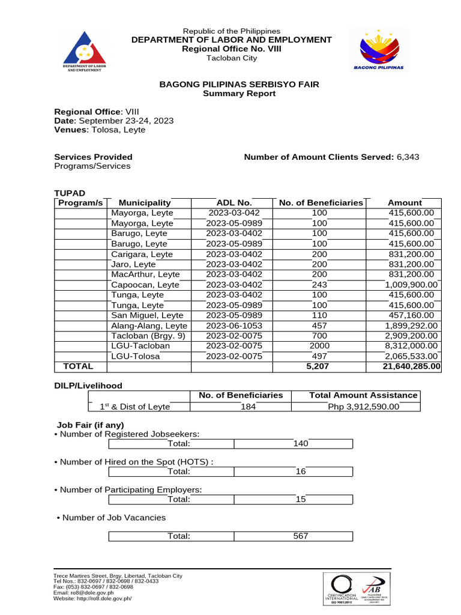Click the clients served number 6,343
(408, 157)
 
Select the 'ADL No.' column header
(234, 202)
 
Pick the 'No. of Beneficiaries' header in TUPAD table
(321, 202)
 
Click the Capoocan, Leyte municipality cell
(145, 285)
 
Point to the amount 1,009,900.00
(412, 285)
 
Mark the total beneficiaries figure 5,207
(319, 366)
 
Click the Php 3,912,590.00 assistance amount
(363, 407)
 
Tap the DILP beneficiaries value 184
(241, 407)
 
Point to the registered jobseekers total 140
(301, 443)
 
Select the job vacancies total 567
(301, 536)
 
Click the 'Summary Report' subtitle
(239, 94)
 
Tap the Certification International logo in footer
(342, 587)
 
